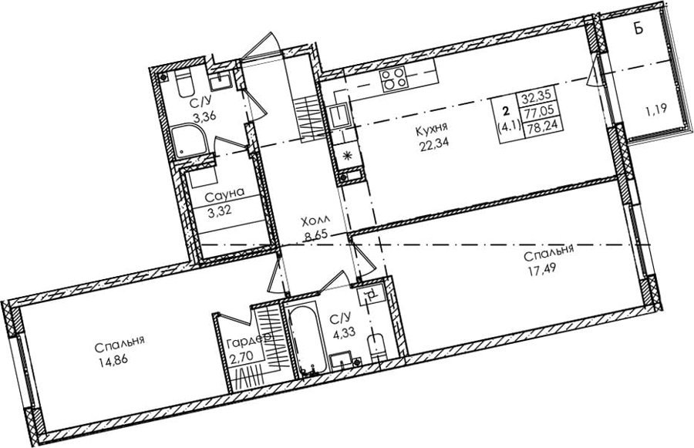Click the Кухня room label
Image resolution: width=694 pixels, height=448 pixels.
click(432, 128)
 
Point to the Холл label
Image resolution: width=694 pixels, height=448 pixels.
click(315, 221)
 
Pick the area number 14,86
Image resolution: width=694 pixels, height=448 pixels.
click(110, 359)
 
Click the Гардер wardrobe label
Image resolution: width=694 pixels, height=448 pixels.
click(249, 342)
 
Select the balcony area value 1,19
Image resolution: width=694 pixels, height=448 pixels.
click(656, 109)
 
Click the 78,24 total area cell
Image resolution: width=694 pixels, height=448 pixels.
click(540, 126)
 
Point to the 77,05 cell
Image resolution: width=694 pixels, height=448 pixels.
click(540, 111)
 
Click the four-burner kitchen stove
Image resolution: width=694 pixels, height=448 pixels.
click(393, 79)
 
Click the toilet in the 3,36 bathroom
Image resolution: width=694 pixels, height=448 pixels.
click(184, 84)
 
